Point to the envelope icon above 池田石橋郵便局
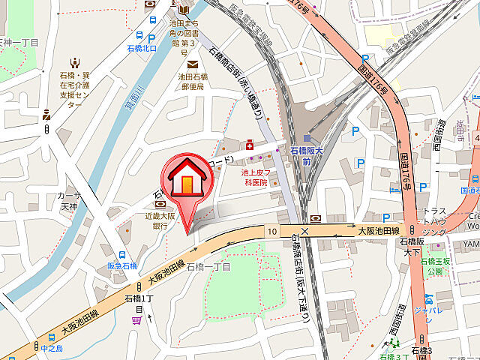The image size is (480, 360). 193,64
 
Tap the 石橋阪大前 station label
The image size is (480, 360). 306,155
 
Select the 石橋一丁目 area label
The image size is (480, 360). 208,266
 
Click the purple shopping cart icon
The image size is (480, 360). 136,320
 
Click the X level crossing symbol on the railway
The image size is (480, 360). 304,231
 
